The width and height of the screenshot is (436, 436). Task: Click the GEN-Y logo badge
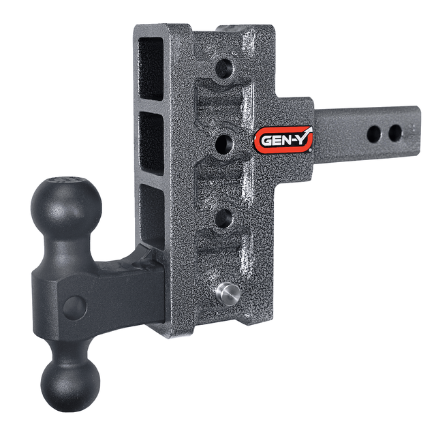(284, 141)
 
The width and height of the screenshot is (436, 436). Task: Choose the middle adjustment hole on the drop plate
(222, 142)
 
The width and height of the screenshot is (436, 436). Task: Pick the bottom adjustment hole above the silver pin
(221, 218)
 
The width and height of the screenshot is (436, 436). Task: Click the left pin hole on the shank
(373, 134)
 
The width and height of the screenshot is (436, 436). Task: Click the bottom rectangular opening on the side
(151, 215)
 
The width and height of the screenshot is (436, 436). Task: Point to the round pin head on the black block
(74, 307)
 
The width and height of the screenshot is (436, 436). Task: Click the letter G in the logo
(266, 142)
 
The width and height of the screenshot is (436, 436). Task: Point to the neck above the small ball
(69, 347)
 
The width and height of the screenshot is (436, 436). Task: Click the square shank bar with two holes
(361, 136)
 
